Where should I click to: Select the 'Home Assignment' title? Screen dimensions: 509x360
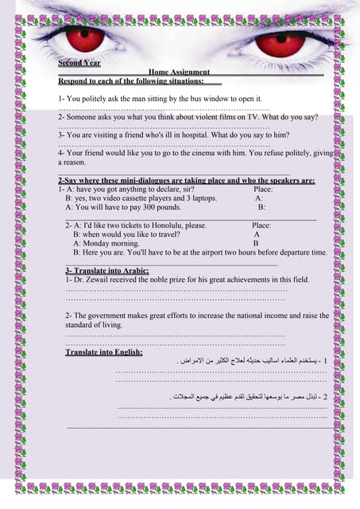tap(179, 72)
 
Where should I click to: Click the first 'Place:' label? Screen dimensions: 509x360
tap(263, 189)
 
